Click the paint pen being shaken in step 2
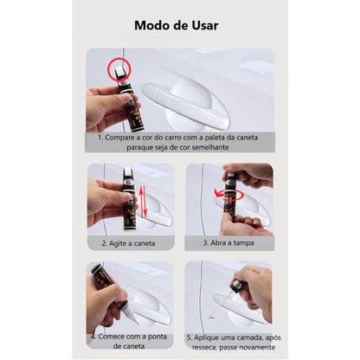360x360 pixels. (x=129, y=204)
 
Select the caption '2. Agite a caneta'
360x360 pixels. (x=129, y=243)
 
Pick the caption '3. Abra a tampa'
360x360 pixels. (x=228, y=243)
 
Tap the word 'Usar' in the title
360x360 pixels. (x=202, y=24)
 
